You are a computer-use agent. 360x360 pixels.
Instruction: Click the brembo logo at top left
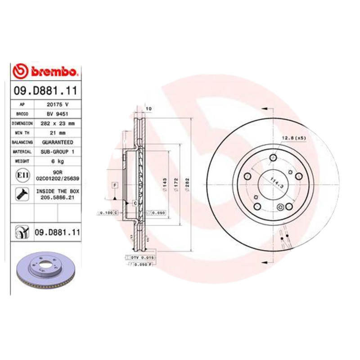tap(46, 72)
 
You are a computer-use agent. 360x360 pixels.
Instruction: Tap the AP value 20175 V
tap(57, 104)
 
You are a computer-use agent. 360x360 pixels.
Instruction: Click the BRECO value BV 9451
tap(57, 113)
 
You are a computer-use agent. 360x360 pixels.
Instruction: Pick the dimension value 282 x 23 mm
tap(57, 123)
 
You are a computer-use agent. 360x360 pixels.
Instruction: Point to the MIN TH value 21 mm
tap(57, 133)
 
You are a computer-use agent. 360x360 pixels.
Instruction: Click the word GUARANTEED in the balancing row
tap(57, 142)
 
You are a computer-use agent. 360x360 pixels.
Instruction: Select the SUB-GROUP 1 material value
tap(57, 152)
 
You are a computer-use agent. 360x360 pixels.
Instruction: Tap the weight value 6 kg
tap(57, 161)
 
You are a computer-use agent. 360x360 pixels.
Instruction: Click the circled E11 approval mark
tap(22, 175)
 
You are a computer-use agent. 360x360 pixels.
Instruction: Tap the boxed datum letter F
tap(115, 185)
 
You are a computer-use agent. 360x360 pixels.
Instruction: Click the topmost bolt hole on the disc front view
tap(274, 157)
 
